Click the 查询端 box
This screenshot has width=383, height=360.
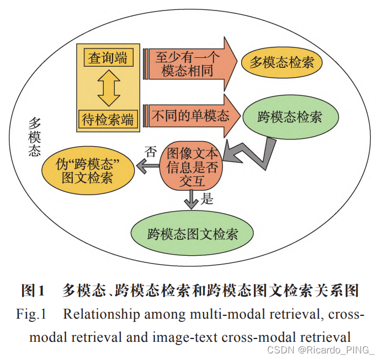pos(108,57)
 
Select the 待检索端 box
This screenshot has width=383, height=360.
pos(108,119)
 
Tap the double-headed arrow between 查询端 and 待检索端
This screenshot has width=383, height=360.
pos(108,88)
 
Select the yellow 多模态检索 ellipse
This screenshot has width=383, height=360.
pos(282,62)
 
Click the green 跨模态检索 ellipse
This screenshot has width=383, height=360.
pos(290,116)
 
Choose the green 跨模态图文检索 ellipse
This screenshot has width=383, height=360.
pos(193,233)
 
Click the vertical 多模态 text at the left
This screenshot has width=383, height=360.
pos(34,136)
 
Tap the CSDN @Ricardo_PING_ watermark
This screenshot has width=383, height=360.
pos(320,350)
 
